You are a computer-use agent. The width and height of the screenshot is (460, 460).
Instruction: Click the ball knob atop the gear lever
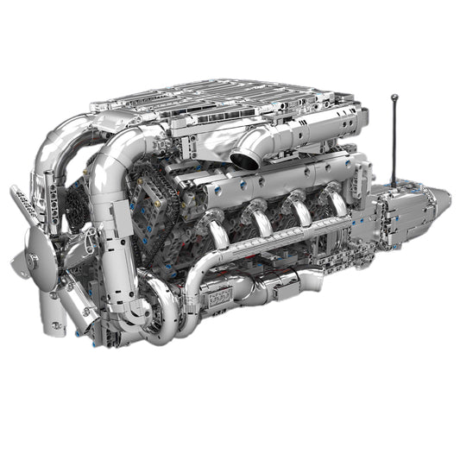(394, 98)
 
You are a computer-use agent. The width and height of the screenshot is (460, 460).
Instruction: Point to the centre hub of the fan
(32, 256)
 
